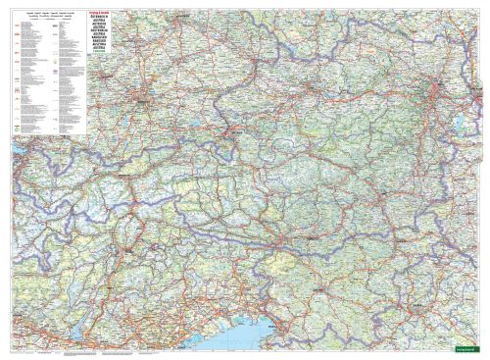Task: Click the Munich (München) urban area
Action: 145,97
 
